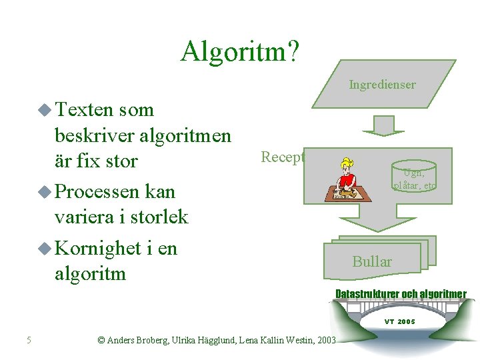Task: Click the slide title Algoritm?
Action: coord(241,51)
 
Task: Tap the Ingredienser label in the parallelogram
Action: coord(382,85)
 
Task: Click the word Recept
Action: coord(283,157)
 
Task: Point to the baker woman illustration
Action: coord(348,178)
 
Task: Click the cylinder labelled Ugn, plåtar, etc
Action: coord(414,176)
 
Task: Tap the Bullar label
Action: coord(372,261)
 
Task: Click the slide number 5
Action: coord(29,341)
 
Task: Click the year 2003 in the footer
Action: coord(327,341)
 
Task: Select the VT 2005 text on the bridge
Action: coord(399,321)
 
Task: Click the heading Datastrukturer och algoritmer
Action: coord(401,294)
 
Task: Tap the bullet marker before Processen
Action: coord(45,192)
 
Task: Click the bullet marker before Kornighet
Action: coord(45,248)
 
